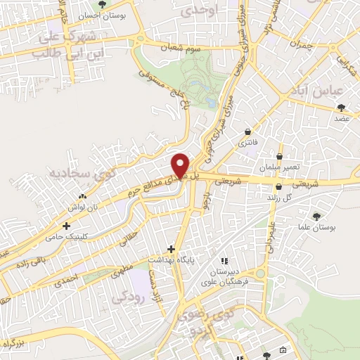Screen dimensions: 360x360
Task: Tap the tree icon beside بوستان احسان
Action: [x=103, y=4]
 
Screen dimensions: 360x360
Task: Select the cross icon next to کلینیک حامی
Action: [x=66, y=226]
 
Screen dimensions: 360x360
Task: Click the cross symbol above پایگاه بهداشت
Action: [x=171, y=249]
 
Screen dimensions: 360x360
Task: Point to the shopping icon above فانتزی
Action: [x=247, y=131]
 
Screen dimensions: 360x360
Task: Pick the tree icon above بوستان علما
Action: [x=314, y=217]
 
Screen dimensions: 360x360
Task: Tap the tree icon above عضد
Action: [x=342, y=108]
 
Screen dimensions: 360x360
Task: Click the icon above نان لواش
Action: [x=84, y=196]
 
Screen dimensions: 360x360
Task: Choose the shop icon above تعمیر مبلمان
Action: [x=281, y=157]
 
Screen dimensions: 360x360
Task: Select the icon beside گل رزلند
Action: [x=281, y=187]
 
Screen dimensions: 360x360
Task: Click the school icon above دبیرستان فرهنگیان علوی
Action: [x=224, y=261]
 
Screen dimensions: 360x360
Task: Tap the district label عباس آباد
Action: [x=319, y=91]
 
